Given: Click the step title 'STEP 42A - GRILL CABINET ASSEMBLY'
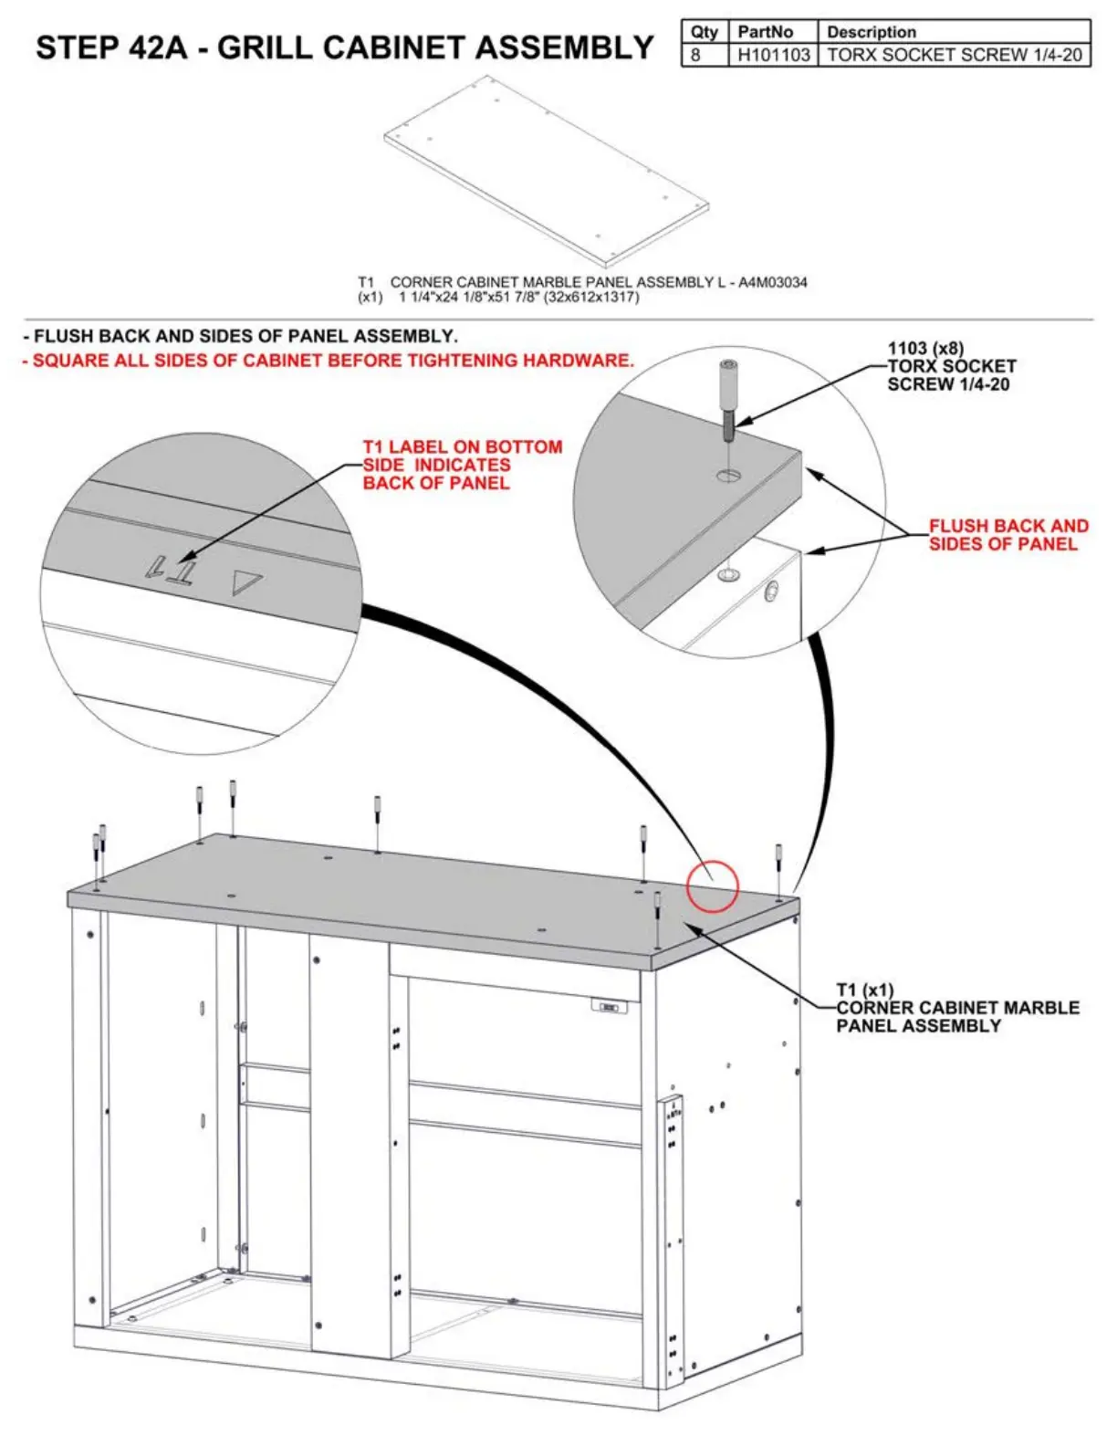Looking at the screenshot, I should (x=344, y=47).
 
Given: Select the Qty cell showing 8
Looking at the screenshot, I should (x=696, y=55).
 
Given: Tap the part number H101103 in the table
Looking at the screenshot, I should (x=773, y=55).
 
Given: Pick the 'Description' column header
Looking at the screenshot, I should (x=871, y=32).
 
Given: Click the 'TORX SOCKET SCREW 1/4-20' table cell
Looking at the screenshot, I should (x=954, y=55).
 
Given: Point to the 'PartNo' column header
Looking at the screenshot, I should (x=765, y=32).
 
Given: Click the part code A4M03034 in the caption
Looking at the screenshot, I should (x=773, y=283).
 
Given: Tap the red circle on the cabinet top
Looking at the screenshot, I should (x=712, y=886).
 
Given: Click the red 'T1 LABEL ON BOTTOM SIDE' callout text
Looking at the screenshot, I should (x=462, y=465).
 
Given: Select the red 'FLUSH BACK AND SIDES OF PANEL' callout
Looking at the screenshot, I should (x=1007, y=535).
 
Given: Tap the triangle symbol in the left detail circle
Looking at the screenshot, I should (x=245, y=582).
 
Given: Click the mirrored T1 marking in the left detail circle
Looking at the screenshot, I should (x=172, y=570).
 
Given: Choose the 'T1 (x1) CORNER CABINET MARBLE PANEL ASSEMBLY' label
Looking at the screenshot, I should (x=956, y=1008).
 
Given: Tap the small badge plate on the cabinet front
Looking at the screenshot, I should (x=610, y=1007).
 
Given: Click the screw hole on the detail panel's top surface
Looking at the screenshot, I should (x=727, y=475).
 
